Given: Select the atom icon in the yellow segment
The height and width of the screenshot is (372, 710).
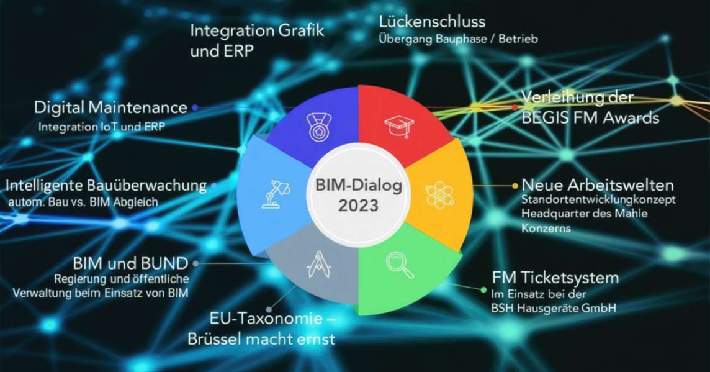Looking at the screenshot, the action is point(439,195).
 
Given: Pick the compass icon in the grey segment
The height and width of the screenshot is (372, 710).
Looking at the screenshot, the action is point(319,264).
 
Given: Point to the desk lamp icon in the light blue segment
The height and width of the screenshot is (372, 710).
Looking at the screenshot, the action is point(276,194).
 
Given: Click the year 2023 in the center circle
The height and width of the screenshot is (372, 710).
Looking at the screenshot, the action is point(358,206).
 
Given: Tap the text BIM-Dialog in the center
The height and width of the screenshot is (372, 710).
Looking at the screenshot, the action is point(359,185).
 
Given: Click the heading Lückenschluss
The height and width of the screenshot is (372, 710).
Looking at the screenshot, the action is point(432,21).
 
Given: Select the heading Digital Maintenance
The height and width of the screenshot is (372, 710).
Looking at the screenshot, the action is point(110,107).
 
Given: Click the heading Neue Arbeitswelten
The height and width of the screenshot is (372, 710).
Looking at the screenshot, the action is point(598,185).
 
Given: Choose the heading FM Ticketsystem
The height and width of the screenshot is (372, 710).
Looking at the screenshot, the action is point(555,278).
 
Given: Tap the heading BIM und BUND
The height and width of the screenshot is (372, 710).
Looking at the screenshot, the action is point(130,263).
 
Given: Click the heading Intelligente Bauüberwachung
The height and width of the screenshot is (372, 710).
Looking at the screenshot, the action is point(106,185).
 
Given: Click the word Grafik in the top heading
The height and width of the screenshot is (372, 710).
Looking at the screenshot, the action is point(301,30).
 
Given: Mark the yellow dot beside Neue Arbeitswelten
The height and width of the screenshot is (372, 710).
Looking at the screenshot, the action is point(515,186).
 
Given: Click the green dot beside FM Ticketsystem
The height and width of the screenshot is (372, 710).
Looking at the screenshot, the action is point(483,289).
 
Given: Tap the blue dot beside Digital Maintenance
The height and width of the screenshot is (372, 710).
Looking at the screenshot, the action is point(195,107).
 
